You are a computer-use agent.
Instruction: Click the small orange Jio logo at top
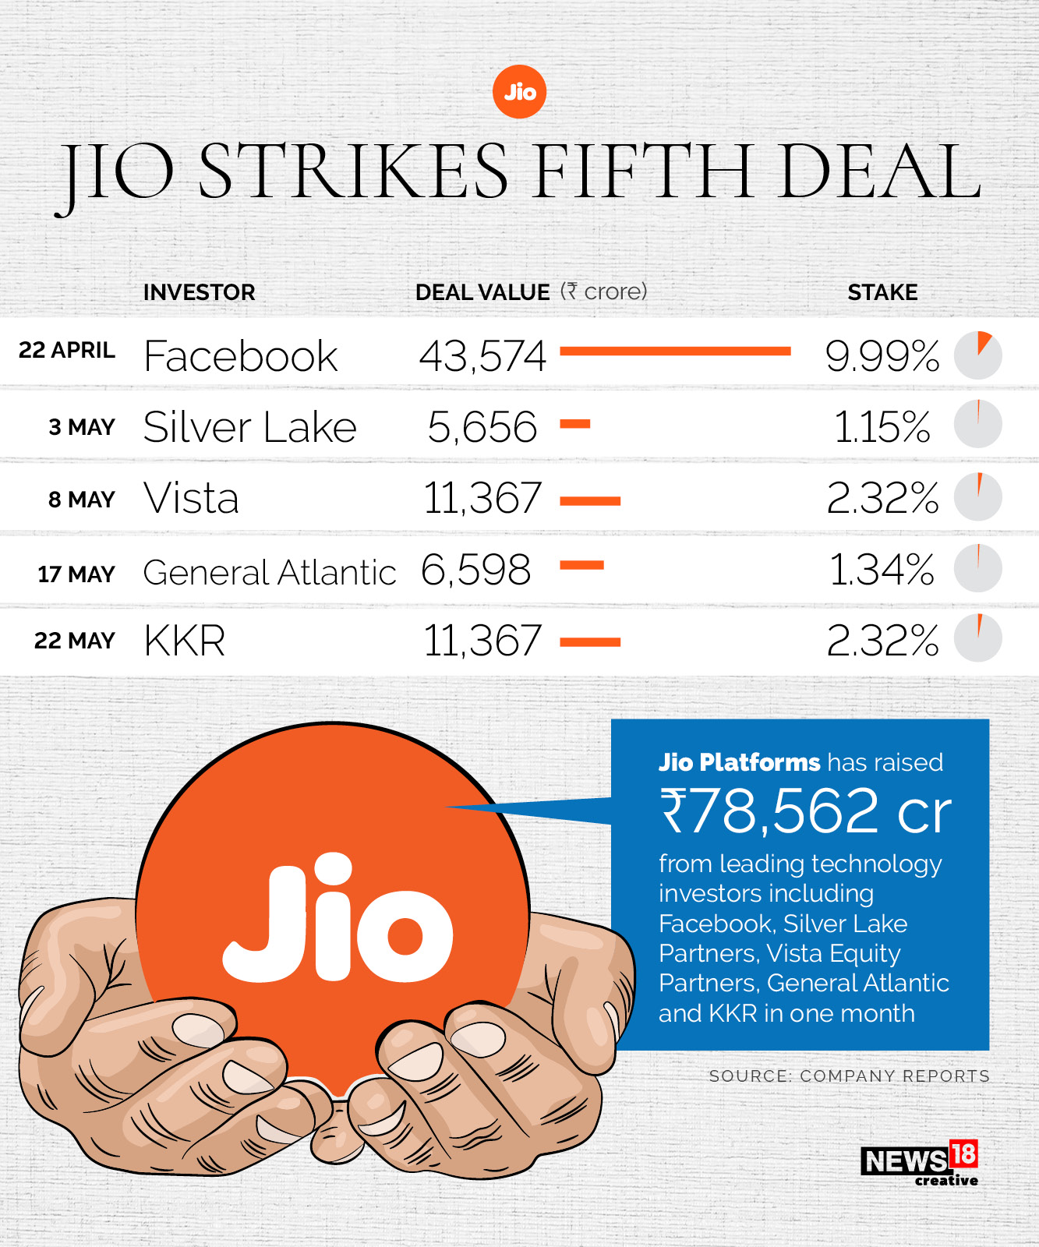click(x=520, y=92)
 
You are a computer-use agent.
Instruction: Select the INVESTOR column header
click(x=199, y=292)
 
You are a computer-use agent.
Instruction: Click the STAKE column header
click(x=882, y=292)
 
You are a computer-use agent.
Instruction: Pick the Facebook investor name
click(x=241, y=356)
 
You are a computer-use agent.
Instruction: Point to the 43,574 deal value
click(x=482, y=356)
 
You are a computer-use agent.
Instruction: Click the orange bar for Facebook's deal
click(x=675, y=351)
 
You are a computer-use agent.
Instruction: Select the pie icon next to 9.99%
click(x=977, y=355)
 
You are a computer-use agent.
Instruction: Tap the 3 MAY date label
click(x=82, y=427)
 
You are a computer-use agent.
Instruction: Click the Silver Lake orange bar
click(x=575, y=425)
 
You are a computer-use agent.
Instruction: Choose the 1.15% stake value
click(x=882, y=427)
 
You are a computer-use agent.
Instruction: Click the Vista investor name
click(x=191, y=498)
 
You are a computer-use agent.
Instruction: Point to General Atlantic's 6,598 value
click(x=476, y=570)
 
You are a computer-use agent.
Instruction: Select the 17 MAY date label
click(x=76, y=574)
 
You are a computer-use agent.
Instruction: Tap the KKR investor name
click(x=185, y=641)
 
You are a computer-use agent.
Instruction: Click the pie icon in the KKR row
click(x=977, y=638)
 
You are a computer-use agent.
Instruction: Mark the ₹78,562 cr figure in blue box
click(x=805, y=811)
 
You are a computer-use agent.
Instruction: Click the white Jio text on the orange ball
click(x=337, y=920)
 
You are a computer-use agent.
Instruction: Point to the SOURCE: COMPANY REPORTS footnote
click(x=849, y=1076)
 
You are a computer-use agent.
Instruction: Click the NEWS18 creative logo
click(x=920, y=1164)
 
